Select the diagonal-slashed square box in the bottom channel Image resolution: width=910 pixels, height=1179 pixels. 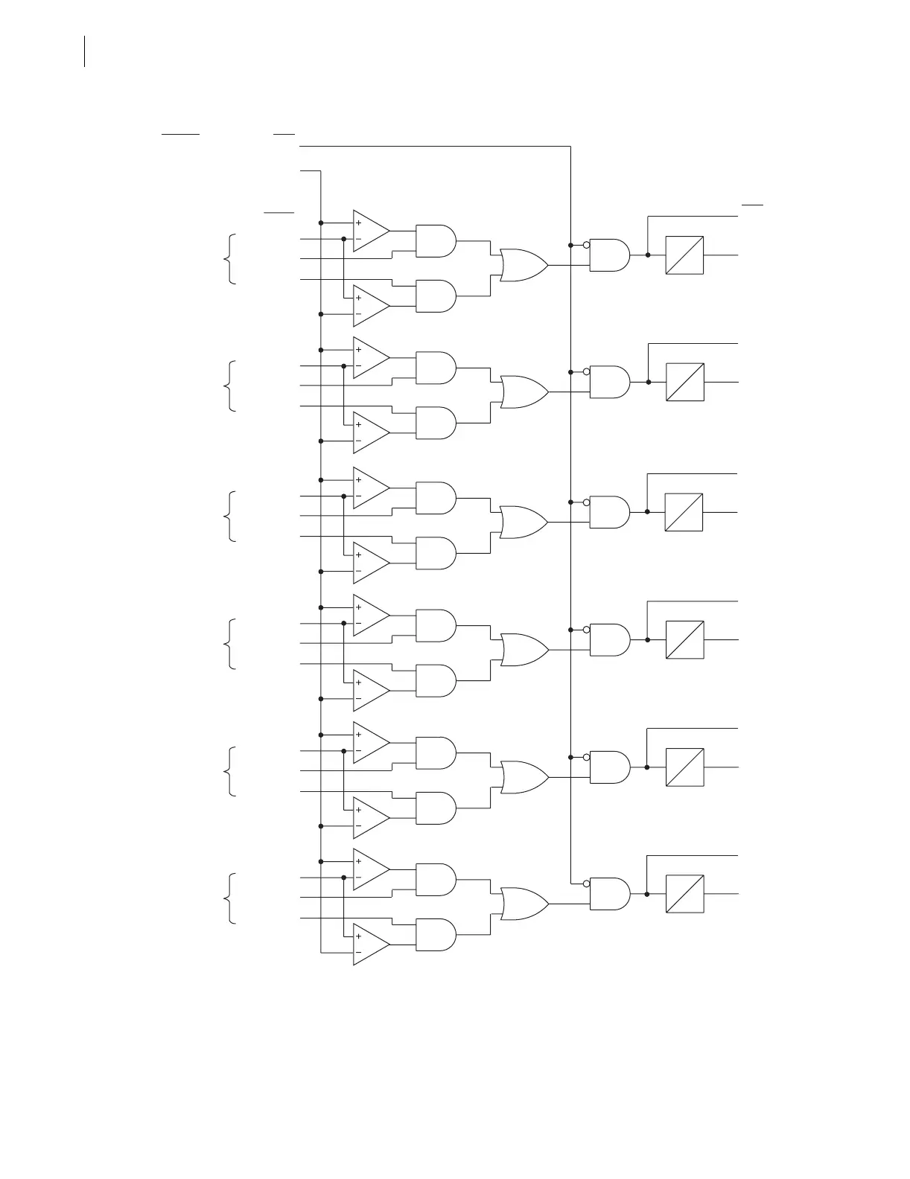pyautogui.click(x=684, y=894)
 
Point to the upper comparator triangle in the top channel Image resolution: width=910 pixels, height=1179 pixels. pyautogui.click(x=370, y=231)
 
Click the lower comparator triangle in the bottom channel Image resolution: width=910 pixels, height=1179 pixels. pyautogui.click(x=370, y=945)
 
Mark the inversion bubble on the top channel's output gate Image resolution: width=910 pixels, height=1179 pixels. pyautogui.click(x=587, y=245)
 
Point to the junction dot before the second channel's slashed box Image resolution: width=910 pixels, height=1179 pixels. pyautogui.click(x=648, y=382)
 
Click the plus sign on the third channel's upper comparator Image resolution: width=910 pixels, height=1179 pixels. pyautogui.click(x=359, y=480)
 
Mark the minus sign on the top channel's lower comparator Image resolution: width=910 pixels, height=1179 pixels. pyautogui.click(x=359, y=314)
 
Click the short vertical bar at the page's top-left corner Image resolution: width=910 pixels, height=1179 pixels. pyautogui.click(x=85, y=51)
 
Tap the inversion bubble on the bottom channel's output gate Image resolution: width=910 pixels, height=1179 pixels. pyautogui.click(x=587, y=884)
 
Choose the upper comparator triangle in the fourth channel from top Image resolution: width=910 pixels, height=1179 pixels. pyautogui.click(x=370, y=616)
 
